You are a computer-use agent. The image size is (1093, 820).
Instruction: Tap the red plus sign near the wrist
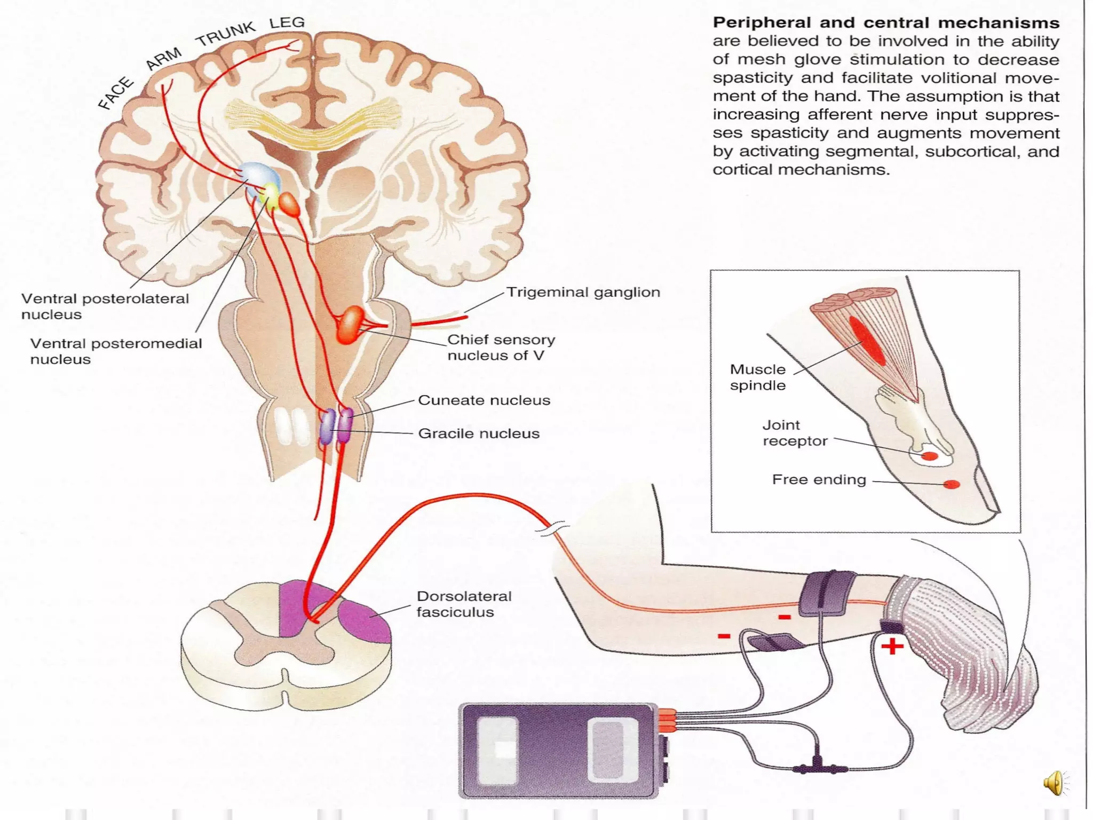(892, 647)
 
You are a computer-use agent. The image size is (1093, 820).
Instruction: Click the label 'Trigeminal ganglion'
(583, 293)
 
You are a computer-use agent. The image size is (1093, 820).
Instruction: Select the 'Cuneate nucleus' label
(484, 400)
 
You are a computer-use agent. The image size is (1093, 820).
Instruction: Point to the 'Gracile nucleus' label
(478, 433)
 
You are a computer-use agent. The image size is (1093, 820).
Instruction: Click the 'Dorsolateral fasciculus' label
(463, 604)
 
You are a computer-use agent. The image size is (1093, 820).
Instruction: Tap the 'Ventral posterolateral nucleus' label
(105, 306)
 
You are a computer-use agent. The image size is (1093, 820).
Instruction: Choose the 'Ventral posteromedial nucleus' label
(115, 351)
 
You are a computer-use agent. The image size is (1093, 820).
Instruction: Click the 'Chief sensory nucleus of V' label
(501, 347)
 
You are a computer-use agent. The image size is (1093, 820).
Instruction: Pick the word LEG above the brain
(287, 23)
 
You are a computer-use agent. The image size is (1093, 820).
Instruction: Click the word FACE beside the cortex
(115, 93)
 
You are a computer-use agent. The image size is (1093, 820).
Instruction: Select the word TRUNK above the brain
(226, 34)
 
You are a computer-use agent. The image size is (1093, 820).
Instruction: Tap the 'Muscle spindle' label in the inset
(757, 377)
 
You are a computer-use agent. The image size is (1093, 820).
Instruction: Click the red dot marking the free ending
(952, 484)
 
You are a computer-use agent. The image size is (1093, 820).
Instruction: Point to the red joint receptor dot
(929, 456)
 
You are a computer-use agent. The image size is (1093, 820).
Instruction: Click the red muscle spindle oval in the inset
(868, 341)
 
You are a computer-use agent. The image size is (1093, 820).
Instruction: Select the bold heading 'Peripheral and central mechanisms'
(886, 23)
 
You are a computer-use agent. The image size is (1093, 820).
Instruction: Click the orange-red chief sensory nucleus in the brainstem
(350, 324)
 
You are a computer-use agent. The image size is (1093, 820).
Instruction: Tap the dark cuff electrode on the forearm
(826, 593)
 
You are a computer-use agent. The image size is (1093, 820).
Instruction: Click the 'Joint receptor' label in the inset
(795, 432)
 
